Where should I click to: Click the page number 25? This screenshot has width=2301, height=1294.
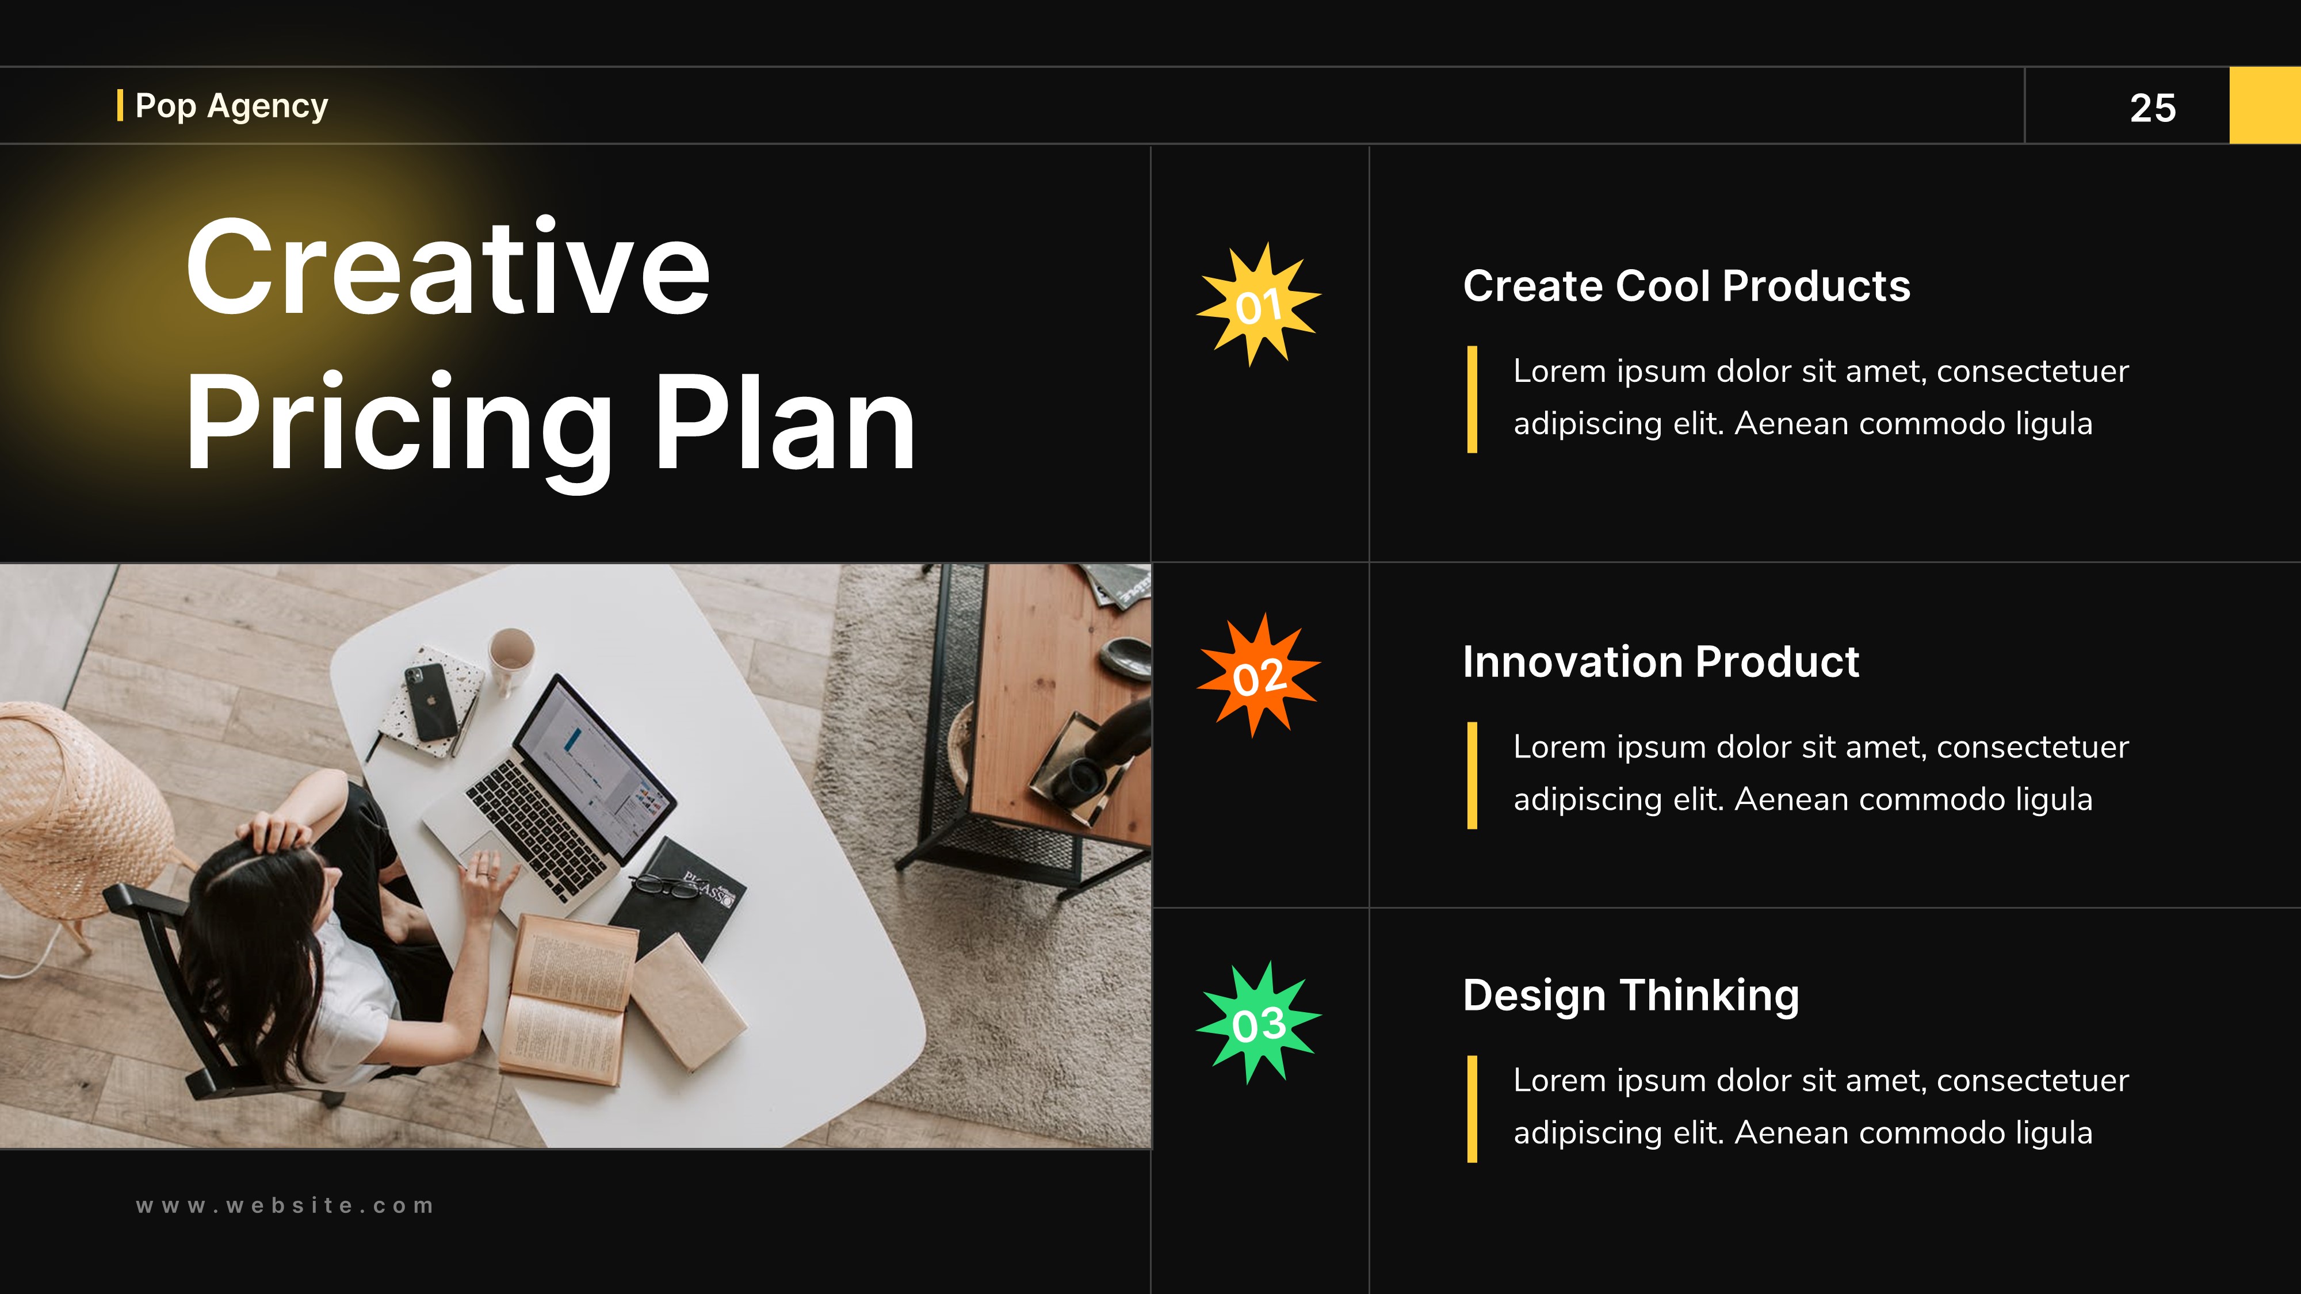click(2152, 108)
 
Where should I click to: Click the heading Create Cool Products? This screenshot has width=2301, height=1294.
click(1685, 286)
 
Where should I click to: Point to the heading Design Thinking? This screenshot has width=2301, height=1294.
click(1630, 995)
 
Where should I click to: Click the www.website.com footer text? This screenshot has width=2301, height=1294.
click(285, 1205)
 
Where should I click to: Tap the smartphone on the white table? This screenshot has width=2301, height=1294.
click(430, 701)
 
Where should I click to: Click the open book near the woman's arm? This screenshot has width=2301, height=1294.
click(567, 1000)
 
